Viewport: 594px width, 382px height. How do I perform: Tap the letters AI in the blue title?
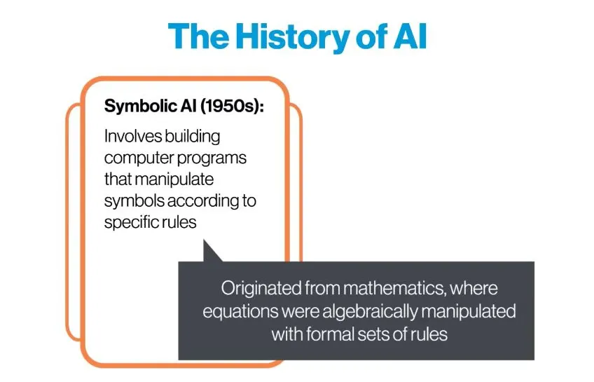coord(410,36)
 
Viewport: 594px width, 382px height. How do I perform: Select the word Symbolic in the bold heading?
coord(140,107)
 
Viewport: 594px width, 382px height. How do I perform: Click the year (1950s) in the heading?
coord(231,106)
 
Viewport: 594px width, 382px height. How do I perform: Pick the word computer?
coord(138,158)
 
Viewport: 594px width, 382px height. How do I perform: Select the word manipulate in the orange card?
coord(174,179)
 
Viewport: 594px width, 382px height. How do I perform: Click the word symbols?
coord(134,201)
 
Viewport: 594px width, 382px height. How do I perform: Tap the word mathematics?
coord(394,288)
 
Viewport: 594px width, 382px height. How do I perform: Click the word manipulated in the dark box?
coord(469,311)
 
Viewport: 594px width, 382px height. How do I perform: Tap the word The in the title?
coord(198,36)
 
